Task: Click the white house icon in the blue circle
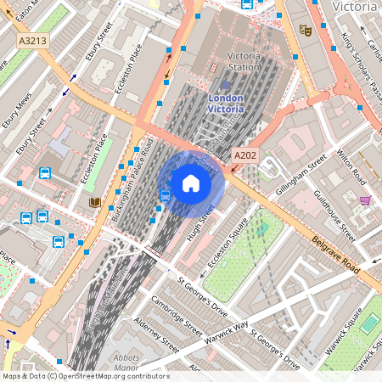(191, 183)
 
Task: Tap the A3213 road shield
(32, 40)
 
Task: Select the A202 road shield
(245, 156)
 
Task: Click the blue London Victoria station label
(225, 103)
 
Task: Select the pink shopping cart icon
(365, 200)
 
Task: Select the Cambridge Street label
(176, 316)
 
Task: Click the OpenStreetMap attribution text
(85, 376)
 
